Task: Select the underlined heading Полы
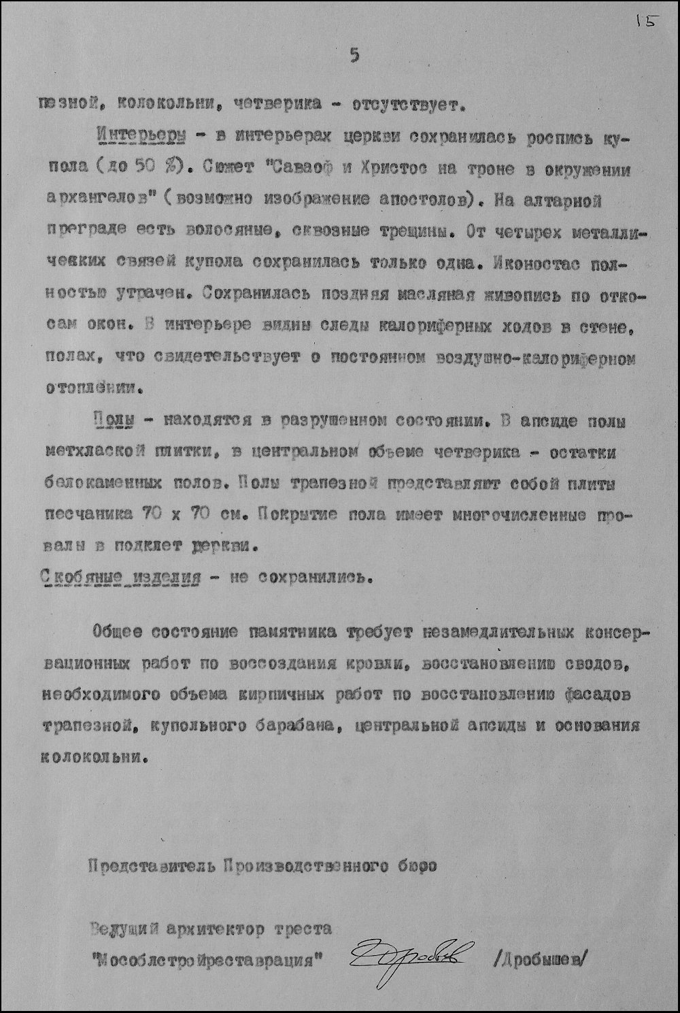[113, 421]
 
